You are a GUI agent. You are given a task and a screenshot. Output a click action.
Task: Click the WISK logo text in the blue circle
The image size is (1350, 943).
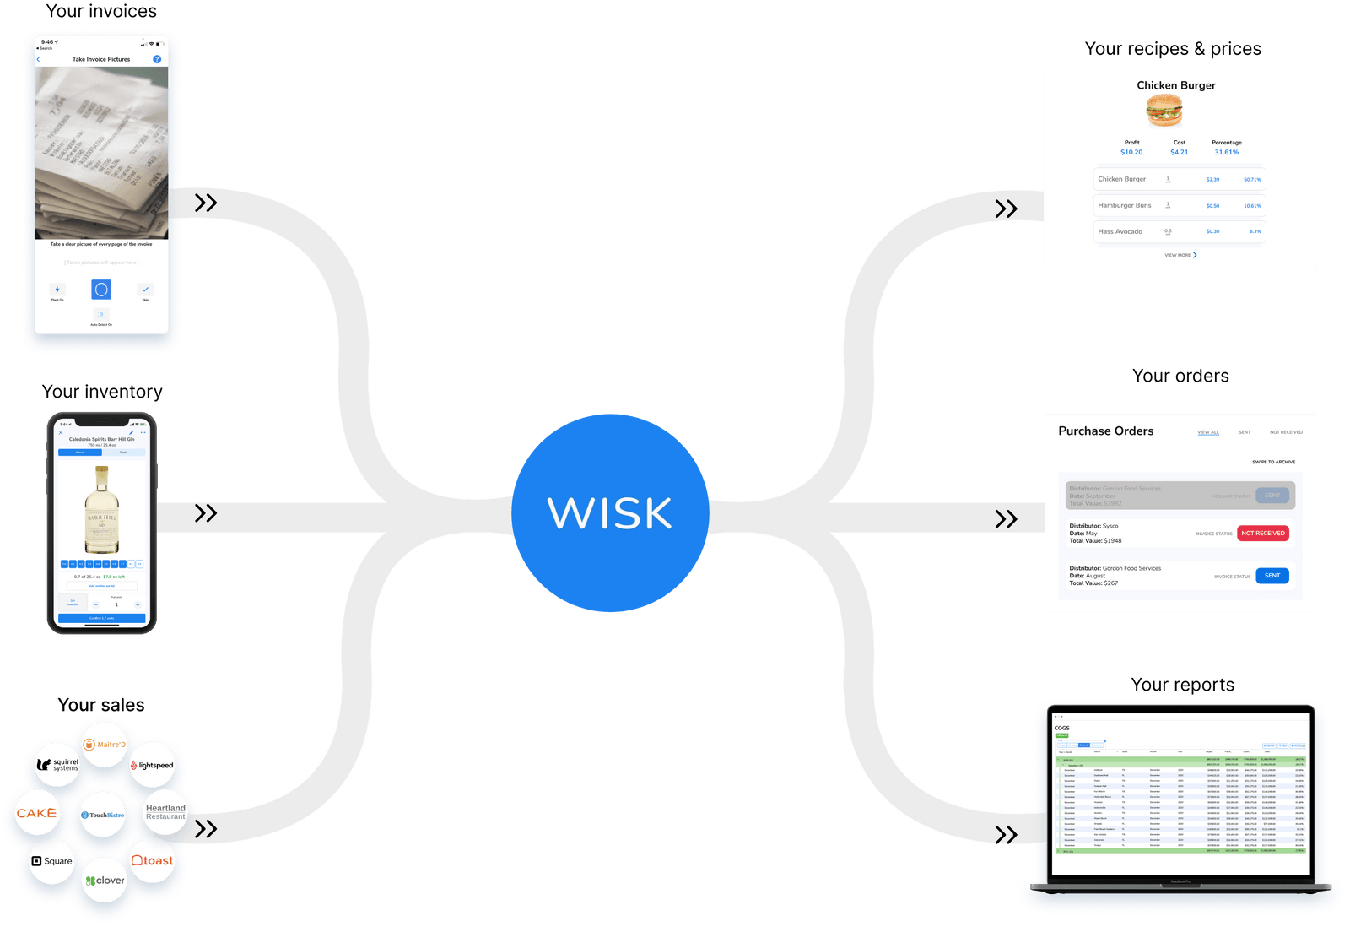(609, 512)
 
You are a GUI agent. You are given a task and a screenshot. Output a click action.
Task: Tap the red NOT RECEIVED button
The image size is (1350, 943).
(1262, 534)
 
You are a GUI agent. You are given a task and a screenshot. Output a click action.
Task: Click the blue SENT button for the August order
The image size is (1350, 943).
(1272, 576)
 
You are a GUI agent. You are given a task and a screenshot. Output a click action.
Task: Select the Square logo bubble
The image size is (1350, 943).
(52, 861)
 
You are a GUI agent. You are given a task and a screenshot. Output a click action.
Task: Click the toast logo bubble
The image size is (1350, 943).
(153, 860)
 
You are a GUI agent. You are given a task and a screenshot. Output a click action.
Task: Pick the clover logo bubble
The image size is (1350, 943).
(105, 880)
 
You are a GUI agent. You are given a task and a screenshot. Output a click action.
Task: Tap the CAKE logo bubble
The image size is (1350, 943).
(36, 813)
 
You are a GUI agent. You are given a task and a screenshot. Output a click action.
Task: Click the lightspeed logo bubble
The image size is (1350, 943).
(152, 765)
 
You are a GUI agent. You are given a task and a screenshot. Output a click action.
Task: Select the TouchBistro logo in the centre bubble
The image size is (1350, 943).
(103, 815)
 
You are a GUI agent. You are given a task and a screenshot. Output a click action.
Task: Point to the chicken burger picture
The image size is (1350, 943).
(1164, 110)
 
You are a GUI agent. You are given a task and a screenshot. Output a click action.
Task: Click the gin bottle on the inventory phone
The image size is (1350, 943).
(102, 510)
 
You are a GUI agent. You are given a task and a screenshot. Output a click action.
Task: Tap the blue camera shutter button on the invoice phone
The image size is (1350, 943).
(101, 290)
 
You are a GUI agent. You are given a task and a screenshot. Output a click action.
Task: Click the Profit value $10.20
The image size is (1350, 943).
(1131, 153)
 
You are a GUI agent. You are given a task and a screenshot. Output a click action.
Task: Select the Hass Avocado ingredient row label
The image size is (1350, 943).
(1120, 231)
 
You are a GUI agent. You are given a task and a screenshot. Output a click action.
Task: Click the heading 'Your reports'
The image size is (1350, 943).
(1182, 685)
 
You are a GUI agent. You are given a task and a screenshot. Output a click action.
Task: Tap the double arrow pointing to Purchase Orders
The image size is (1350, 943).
(1006, 518)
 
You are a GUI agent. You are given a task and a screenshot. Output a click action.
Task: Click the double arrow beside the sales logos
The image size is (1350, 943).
(206, 829)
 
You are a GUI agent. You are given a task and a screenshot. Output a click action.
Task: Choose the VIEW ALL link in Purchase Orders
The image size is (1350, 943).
(1207, 432)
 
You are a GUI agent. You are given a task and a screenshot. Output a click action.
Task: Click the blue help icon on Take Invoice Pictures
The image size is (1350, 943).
(157, 59)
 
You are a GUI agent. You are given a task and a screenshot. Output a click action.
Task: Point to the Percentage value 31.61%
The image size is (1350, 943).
(1226, 153)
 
